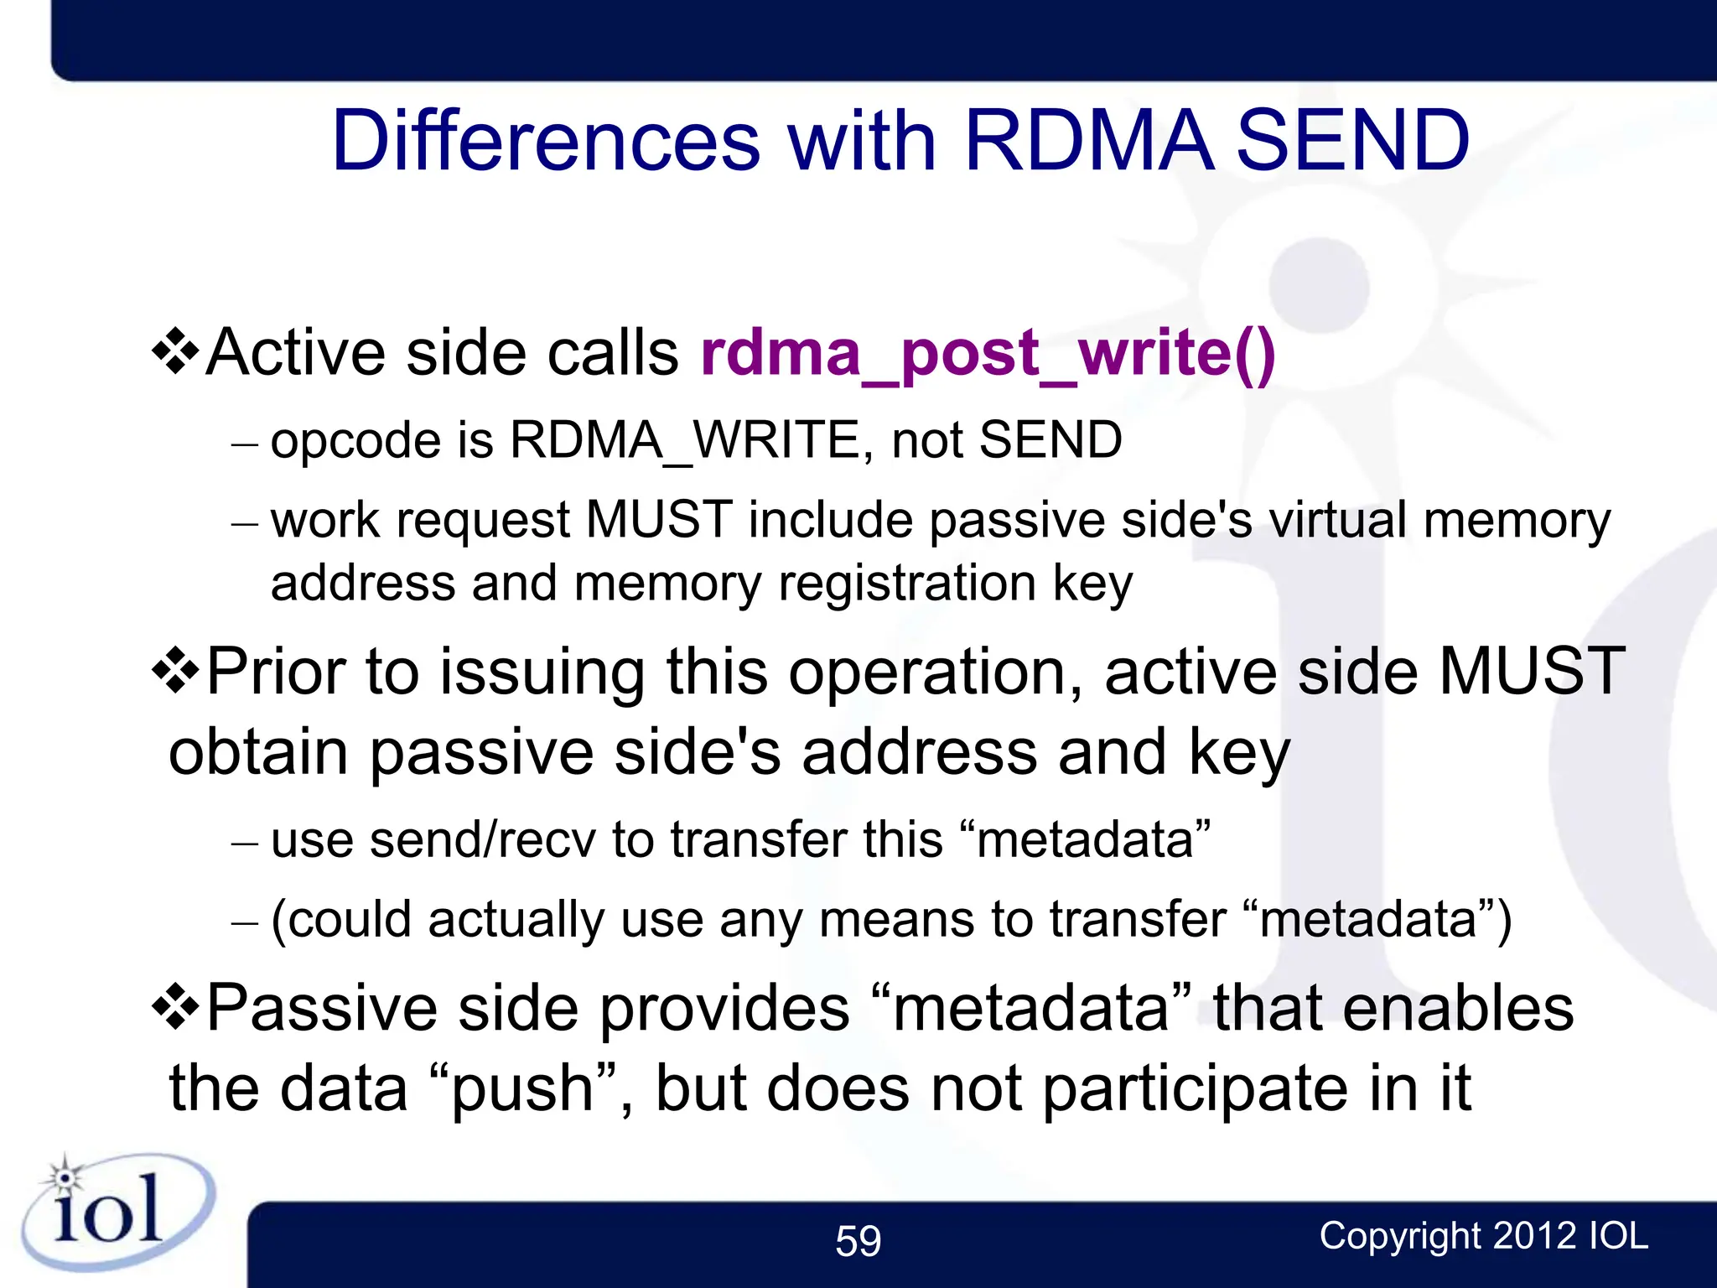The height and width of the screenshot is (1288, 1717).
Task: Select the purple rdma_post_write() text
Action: click(x=988, y=352)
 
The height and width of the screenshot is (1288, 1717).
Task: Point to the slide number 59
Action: click(x=858, y=1240)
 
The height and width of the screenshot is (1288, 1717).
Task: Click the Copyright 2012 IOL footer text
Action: click(x=1483, y=1236)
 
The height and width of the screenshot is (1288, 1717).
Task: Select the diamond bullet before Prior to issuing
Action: click(x=175, y=671)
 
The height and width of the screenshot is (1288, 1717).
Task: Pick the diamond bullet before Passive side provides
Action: click(x=175, y=1007)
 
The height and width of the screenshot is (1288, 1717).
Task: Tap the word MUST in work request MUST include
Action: click(x=659, y=520)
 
